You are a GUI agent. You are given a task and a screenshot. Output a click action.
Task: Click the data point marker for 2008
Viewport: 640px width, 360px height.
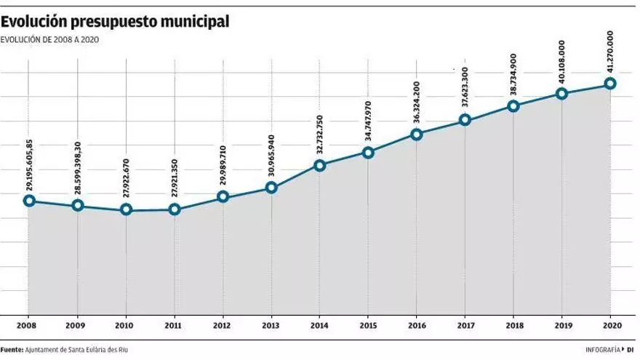pyautogui.click(x=29, y=201)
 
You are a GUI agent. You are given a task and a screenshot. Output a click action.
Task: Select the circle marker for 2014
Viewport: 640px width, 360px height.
pyautogui.click(x=319, y=165)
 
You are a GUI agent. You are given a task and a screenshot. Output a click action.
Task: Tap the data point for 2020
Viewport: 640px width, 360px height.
pyautogui.click(x=610, y=84)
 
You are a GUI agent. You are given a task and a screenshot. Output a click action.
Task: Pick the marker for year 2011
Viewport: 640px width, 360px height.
pyautogui.click(x=175, y=209)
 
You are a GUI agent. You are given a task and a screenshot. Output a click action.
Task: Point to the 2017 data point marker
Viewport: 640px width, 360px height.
pyautogui.click(x=465, y=120)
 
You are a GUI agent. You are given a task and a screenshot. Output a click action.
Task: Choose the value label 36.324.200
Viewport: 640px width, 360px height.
pyautogui.click(x=416, y=103)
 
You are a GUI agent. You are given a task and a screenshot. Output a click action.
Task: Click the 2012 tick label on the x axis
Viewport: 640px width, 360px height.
pyautogui.click(x=223, y=326)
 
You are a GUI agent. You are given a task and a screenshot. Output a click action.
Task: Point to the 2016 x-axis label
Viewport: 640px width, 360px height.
pyautogui.click(x=416, y=326)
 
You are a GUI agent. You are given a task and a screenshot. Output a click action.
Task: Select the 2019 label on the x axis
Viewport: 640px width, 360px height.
pyautogui.click(x=561, y=326)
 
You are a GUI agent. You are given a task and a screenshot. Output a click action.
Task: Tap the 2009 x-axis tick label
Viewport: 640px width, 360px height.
pyautogui.click(x=78, y=326)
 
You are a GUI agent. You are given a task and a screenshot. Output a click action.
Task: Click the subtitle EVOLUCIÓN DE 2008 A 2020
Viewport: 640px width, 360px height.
pyautogui.click(x=50, y=40)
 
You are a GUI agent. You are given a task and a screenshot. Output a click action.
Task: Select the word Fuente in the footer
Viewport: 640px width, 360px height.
pyautogui.click(x=12, y=350)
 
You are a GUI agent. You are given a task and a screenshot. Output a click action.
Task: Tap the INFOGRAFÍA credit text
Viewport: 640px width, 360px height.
pyautogui.click(x=603, y=350)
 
